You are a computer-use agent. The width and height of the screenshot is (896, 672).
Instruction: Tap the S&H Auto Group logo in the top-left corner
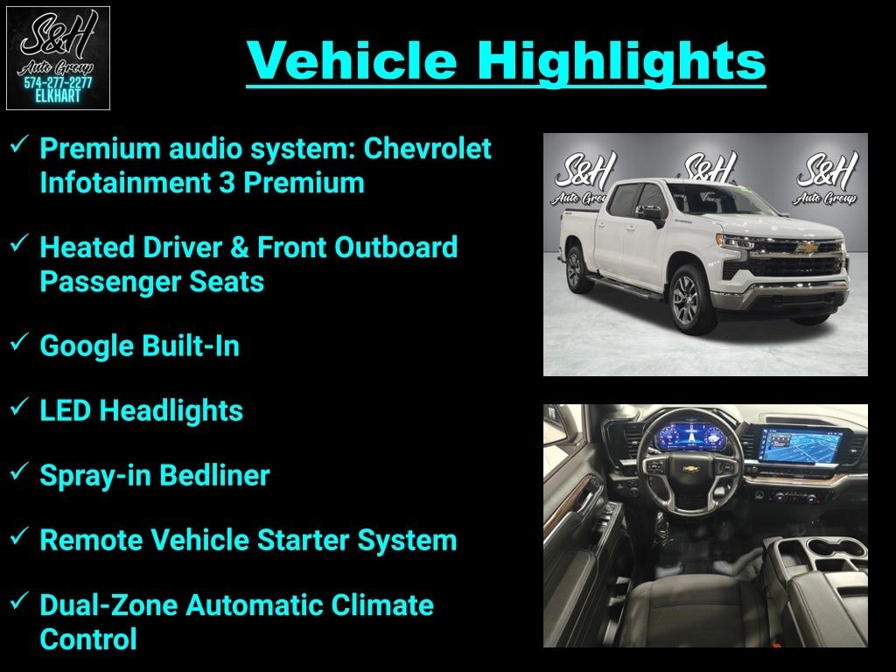(x=58, y=58)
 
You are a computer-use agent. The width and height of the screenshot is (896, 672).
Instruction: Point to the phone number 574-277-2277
(x=58, y=83)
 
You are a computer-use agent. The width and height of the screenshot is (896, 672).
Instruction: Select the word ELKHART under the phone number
(x=58, y=96)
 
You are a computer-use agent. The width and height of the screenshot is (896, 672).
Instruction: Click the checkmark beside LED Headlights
(x=19, y=408)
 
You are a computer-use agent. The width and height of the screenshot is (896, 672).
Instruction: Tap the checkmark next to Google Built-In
(x=19, y=343)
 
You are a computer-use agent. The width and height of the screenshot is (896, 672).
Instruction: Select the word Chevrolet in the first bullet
(x=427, y=149)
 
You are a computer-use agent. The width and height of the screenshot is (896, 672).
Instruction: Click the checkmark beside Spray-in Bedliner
(x=19, y=472)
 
